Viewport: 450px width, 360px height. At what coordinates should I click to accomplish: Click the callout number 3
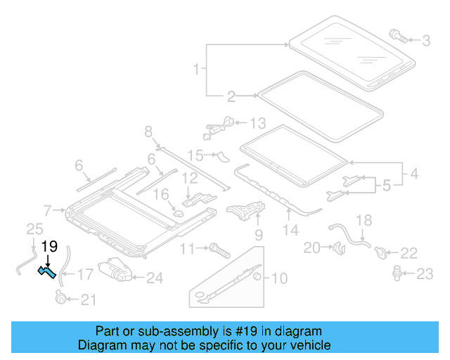[x=426, y=41]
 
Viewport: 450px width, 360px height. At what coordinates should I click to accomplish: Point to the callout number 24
[x=154, y=278]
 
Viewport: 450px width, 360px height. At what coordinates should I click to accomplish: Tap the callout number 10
[x=279, y=278]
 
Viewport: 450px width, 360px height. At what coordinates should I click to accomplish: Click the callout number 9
[x=257, y=233]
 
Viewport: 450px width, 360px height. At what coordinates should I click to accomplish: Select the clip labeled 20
[x=338, y=247]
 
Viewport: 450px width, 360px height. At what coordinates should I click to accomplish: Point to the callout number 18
[x=364, y=221]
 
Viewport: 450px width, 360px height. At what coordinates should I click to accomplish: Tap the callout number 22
[x=409, y=252]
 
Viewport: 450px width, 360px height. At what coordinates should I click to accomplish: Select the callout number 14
[x=290, y=230]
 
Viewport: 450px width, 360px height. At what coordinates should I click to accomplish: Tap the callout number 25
[x=34, y=229]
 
